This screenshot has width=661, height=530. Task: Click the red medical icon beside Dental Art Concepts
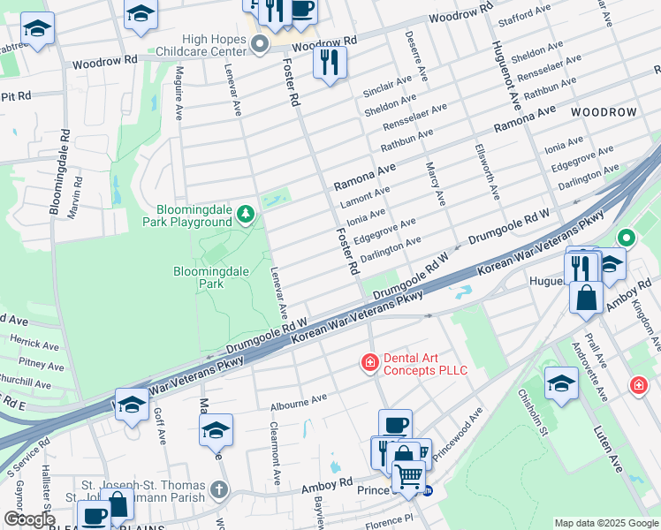(x=368, y=362)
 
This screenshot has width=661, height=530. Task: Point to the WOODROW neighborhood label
(x=603, y=113)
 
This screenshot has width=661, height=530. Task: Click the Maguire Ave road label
(x=179, y=94)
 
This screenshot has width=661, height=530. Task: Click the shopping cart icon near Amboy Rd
(x=407, y=476)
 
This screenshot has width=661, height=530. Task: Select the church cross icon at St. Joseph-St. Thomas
(x=219, y=488)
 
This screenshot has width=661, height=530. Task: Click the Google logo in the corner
(x=29, y=519)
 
